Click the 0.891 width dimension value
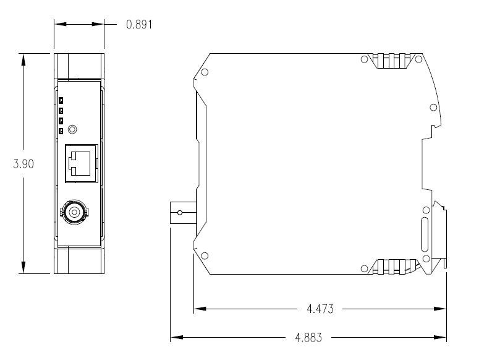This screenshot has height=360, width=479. tap(139, 25)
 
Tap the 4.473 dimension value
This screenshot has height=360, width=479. tap(320, 309)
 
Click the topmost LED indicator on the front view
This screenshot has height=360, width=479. tap(61, 100)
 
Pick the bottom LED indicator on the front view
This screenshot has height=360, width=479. tap(61, 130)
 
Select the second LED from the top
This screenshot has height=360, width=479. tap(61, 110)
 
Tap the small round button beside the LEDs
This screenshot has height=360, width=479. tap(74, 129)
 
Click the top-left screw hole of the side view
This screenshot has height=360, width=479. tap(205, 72)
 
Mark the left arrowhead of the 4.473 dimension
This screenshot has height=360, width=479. tap(198, 309)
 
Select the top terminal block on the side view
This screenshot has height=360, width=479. tap(394, 61)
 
